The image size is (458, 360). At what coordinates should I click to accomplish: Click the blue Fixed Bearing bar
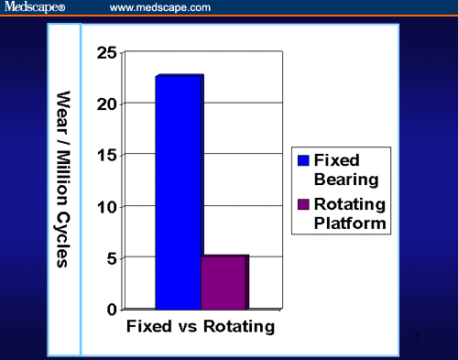click(x=179, y=192)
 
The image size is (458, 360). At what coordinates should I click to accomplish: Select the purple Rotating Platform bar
click(x=224, y=283)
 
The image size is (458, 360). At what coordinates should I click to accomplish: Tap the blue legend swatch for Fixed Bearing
click(x=304, y=160)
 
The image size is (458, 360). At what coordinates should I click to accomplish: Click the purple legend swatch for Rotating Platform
click(x=304, y=204)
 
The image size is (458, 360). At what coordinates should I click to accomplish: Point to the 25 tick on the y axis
click(x=105, y=53)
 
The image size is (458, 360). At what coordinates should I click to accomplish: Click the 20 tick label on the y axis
click(x=105, y=104)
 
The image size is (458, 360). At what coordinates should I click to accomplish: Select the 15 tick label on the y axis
click(x=105, y=156)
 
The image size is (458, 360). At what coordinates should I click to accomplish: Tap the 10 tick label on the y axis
click(x=105, y=207)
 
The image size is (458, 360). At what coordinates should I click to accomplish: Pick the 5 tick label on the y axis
click(x=110, y=258)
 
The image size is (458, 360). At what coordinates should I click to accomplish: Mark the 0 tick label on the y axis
click(x=110, y=310)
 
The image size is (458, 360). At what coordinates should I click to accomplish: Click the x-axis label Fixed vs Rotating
click(x=200, y=326)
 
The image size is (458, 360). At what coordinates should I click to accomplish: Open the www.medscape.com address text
click(x=160, y=7)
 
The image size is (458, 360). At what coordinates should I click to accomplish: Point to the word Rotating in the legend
click(x=349, y=203)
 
